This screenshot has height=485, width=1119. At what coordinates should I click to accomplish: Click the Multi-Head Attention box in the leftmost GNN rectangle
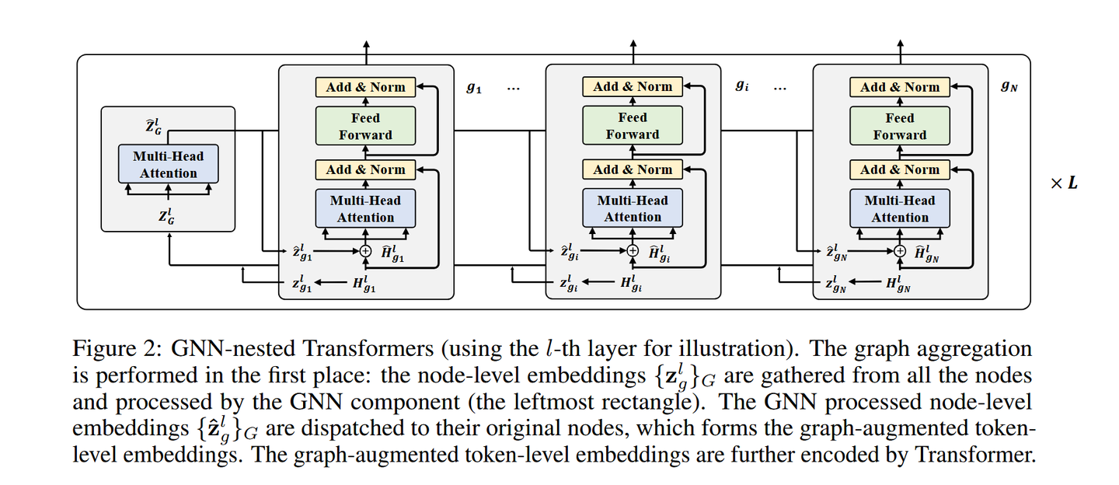pyautogui.click(x=169, y=164)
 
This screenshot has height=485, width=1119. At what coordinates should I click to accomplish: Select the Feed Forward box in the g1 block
pyautogui.click(x=365, y=126)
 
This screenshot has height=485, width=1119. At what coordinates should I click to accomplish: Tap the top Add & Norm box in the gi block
pyautogui.click(x=633, y=86)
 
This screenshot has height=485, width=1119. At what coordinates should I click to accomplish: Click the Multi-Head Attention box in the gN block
pyautogui.click(x=900, y=209)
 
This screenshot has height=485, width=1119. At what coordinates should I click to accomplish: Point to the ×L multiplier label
pyautogui.click(x=1064, y=183)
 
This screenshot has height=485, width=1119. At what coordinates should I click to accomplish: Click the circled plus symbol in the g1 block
pyautogui.click(x=365, y=250)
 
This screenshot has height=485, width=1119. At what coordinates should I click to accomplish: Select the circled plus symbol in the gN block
pyautogui.click(x=900, y=250)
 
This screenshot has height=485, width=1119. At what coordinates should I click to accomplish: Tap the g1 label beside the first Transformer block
pyautogui.click(x=474, y=88)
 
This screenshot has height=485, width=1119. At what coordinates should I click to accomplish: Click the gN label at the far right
pyautogui.click(x=1009, y=88)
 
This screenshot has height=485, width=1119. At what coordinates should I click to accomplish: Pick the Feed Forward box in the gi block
pyautogui.click(x=633, y=126)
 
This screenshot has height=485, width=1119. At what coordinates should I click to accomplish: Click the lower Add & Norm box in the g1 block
pyautogui.click(x=365, y=169)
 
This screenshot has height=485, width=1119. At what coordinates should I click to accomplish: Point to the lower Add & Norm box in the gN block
pyautogui.click(x=900, y=169)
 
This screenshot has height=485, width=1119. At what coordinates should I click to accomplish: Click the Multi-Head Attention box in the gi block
pyautogui.click(x=633, y=209)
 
